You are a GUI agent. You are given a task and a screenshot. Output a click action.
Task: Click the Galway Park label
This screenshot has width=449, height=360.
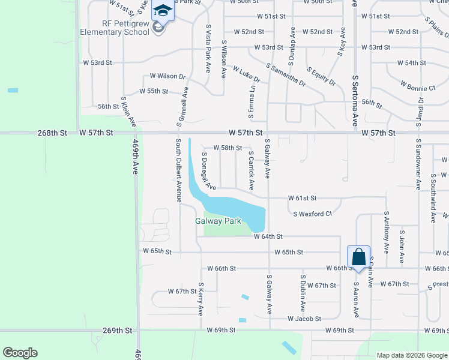coord(218,221)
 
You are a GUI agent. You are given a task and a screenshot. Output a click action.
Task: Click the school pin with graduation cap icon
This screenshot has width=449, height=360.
coord(162,10)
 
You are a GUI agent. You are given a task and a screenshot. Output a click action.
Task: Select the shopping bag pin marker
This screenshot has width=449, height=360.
coord(358,257)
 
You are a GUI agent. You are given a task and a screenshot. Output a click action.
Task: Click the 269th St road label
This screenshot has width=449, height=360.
coord(117,331)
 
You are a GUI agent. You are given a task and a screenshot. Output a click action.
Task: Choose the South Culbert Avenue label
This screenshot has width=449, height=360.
coord(178,170)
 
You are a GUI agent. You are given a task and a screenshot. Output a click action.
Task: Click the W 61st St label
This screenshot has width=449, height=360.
coord(302,198)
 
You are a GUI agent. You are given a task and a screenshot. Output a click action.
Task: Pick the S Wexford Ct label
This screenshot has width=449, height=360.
coord(312,214)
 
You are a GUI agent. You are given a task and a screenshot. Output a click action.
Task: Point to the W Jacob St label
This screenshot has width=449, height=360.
coord(304,319)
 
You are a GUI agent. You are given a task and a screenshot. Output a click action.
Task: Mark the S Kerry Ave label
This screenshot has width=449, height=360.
coord(201,299)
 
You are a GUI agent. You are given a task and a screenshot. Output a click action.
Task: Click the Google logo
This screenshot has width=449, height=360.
coord(20,353)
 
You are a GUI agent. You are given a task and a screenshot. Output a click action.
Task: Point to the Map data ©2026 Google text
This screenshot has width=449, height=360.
coord(411,355)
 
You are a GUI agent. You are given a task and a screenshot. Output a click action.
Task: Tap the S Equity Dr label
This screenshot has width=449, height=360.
coord(321,76)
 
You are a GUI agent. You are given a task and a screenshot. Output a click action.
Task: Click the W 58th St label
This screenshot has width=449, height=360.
coord(228,148)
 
